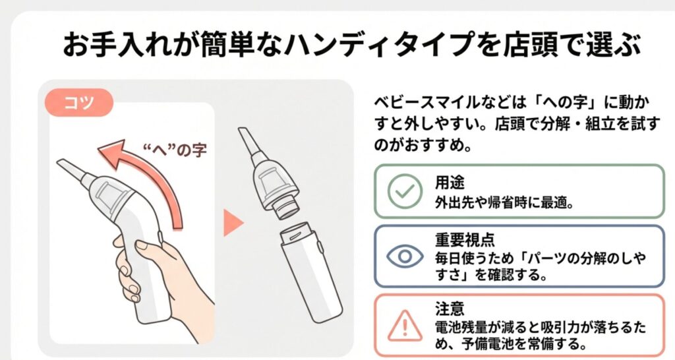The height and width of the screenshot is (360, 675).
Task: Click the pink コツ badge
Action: (x=79, y=102)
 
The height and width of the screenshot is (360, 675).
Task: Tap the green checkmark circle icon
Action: (x=405, y=191)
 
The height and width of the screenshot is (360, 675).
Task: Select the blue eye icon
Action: (x=405, y=256)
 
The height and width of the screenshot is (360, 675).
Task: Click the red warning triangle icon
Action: (x=405, y=326)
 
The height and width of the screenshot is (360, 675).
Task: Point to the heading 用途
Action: (x=450, y=183)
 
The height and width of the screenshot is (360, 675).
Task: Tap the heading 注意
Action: (x=450, y=309)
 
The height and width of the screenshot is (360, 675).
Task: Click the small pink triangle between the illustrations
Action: (x=233, y=223)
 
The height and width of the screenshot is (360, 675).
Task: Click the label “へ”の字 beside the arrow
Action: (x=174, y=150)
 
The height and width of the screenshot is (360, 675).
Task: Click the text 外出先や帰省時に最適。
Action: (x=504, y=202)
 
